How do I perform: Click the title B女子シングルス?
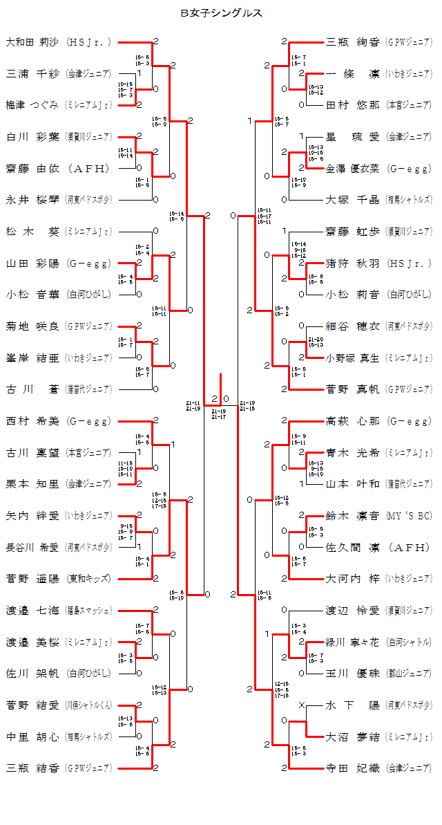click(221, 12)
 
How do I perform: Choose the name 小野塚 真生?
click(353, 358)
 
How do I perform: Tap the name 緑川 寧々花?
click(353, 642)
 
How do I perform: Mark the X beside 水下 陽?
click(301, 705)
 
